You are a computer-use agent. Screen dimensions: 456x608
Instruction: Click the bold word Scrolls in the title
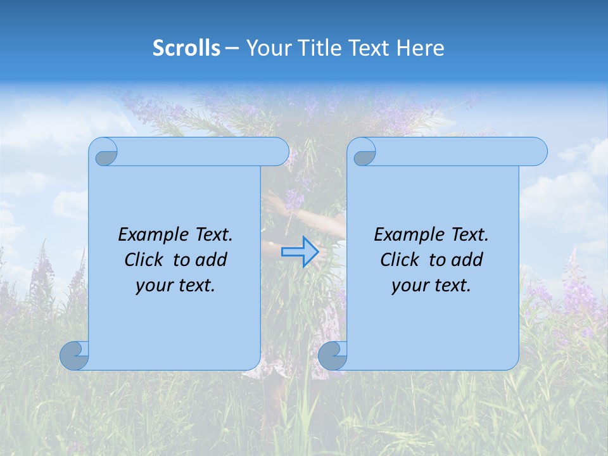[187, 47]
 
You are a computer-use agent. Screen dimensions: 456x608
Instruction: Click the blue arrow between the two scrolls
[301, 252]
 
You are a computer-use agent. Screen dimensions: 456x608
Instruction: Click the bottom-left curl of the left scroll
[75, 356]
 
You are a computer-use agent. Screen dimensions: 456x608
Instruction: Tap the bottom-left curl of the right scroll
[332, 356]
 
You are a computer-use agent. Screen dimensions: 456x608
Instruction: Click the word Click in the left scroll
[144, 260]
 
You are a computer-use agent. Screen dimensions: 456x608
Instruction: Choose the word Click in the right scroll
[400, 260]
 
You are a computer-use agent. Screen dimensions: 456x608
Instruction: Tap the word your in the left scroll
[153, 286]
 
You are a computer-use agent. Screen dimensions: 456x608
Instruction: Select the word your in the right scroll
[408, 286]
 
